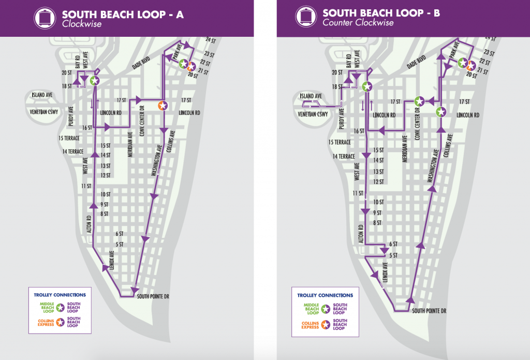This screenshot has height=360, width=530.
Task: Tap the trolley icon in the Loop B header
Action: (x=305, y=18)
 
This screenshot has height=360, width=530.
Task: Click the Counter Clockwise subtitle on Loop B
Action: (x=358, y=22)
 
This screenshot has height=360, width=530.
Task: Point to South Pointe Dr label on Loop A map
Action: (x=154, y=296)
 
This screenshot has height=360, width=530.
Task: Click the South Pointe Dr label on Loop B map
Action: (x=429, y=311)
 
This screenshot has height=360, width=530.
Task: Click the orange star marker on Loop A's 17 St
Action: (x=163, y=106)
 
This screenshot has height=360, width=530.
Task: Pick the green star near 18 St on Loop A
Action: (x=94, y=81)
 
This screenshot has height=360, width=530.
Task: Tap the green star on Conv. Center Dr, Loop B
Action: (x=420, y=101)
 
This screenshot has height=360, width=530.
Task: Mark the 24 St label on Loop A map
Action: (x=210, y=40)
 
